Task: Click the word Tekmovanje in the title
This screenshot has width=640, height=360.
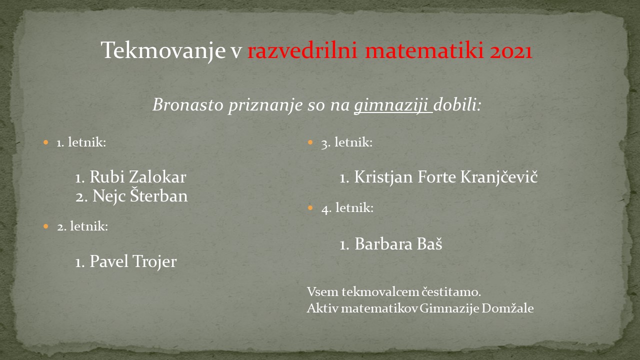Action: [163, 51]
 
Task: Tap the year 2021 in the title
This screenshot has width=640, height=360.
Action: [511, 51]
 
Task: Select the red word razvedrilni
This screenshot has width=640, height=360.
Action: [302, 50]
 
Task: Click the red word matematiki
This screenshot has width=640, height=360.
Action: [424, 51]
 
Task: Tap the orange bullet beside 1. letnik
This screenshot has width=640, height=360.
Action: [46, 142]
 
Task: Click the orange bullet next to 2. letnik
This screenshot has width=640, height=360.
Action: [46, 226]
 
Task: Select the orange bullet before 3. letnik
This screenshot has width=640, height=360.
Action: [310, 142]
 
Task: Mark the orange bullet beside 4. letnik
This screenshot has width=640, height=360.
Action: [310, 207]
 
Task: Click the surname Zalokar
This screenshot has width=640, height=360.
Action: [157, 176]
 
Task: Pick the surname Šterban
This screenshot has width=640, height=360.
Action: [159, 195]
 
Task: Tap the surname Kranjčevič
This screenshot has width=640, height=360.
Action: [499, 176]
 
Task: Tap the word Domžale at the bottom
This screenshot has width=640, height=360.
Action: [507, 308]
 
